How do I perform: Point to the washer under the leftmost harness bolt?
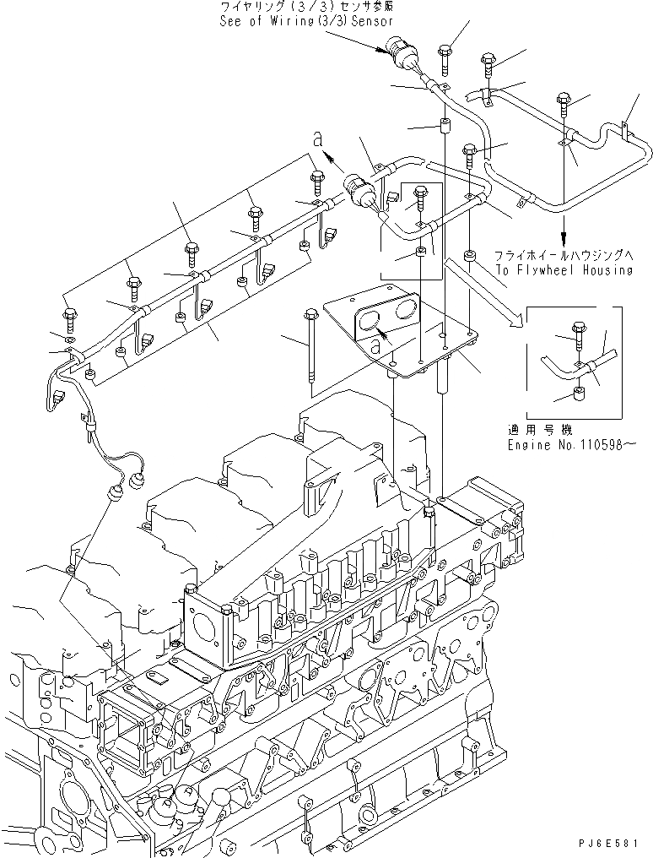(71, 340)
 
